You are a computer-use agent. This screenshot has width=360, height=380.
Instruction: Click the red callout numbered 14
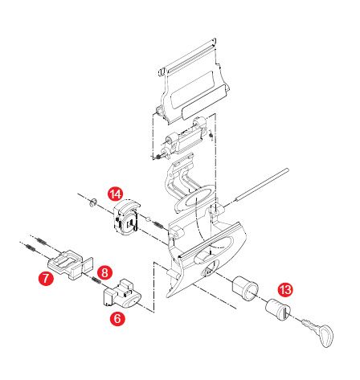tap(116, 194)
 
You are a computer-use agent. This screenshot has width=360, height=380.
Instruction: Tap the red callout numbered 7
tap(46, 278)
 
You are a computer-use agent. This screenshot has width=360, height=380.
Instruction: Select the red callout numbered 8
tap(104, 273)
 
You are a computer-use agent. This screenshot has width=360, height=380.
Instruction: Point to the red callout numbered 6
tap(117, 318)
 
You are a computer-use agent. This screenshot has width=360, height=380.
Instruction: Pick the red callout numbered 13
tap(285, 289)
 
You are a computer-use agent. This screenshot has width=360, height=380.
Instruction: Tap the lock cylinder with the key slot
tap(278, 309)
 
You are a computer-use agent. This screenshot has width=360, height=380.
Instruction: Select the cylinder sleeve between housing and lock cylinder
tap(245, 288)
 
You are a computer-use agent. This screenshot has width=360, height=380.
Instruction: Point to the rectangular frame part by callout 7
tap(71, 264)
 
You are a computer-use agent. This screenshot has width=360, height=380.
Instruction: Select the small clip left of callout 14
tap(92, 202)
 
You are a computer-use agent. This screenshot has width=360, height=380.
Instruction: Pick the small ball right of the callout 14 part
tap(148, 219)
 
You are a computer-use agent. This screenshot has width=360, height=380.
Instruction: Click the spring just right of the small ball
tap(157, 225)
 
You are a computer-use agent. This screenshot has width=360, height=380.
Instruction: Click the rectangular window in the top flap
tap(192, 89)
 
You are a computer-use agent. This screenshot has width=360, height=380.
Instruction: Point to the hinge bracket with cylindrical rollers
tap(182, 138)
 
